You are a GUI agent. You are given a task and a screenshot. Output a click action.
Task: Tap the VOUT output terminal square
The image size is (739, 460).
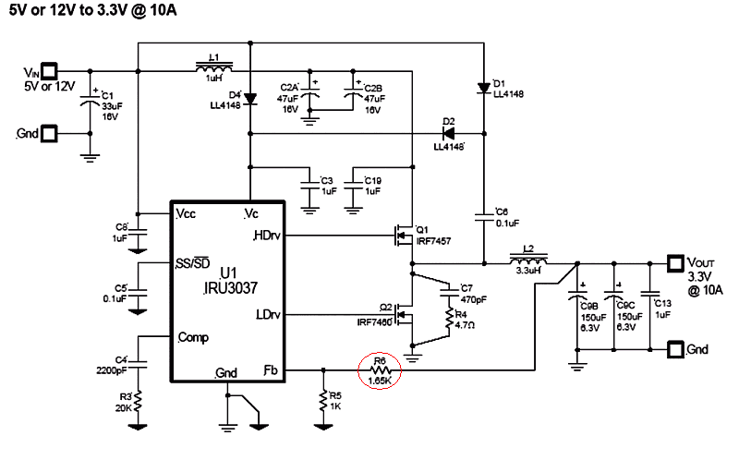(673, 261)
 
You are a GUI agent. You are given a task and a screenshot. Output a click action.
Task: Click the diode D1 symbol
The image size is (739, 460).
(483, 89)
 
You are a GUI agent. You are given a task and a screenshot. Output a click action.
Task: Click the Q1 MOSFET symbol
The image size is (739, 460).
(403, 236)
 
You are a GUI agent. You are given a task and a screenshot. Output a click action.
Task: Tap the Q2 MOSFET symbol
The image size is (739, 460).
(403, 315)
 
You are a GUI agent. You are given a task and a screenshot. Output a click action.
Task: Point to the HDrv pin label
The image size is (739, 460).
(268, 236)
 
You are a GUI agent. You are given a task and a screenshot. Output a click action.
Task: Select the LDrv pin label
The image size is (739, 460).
(268, 315)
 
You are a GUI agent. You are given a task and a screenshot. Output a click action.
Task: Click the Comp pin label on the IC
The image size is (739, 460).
(194, 337)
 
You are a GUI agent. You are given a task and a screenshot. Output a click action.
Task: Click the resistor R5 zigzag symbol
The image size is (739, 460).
(323, 400)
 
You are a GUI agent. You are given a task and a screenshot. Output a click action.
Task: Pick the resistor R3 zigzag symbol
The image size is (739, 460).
(138, 401)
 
